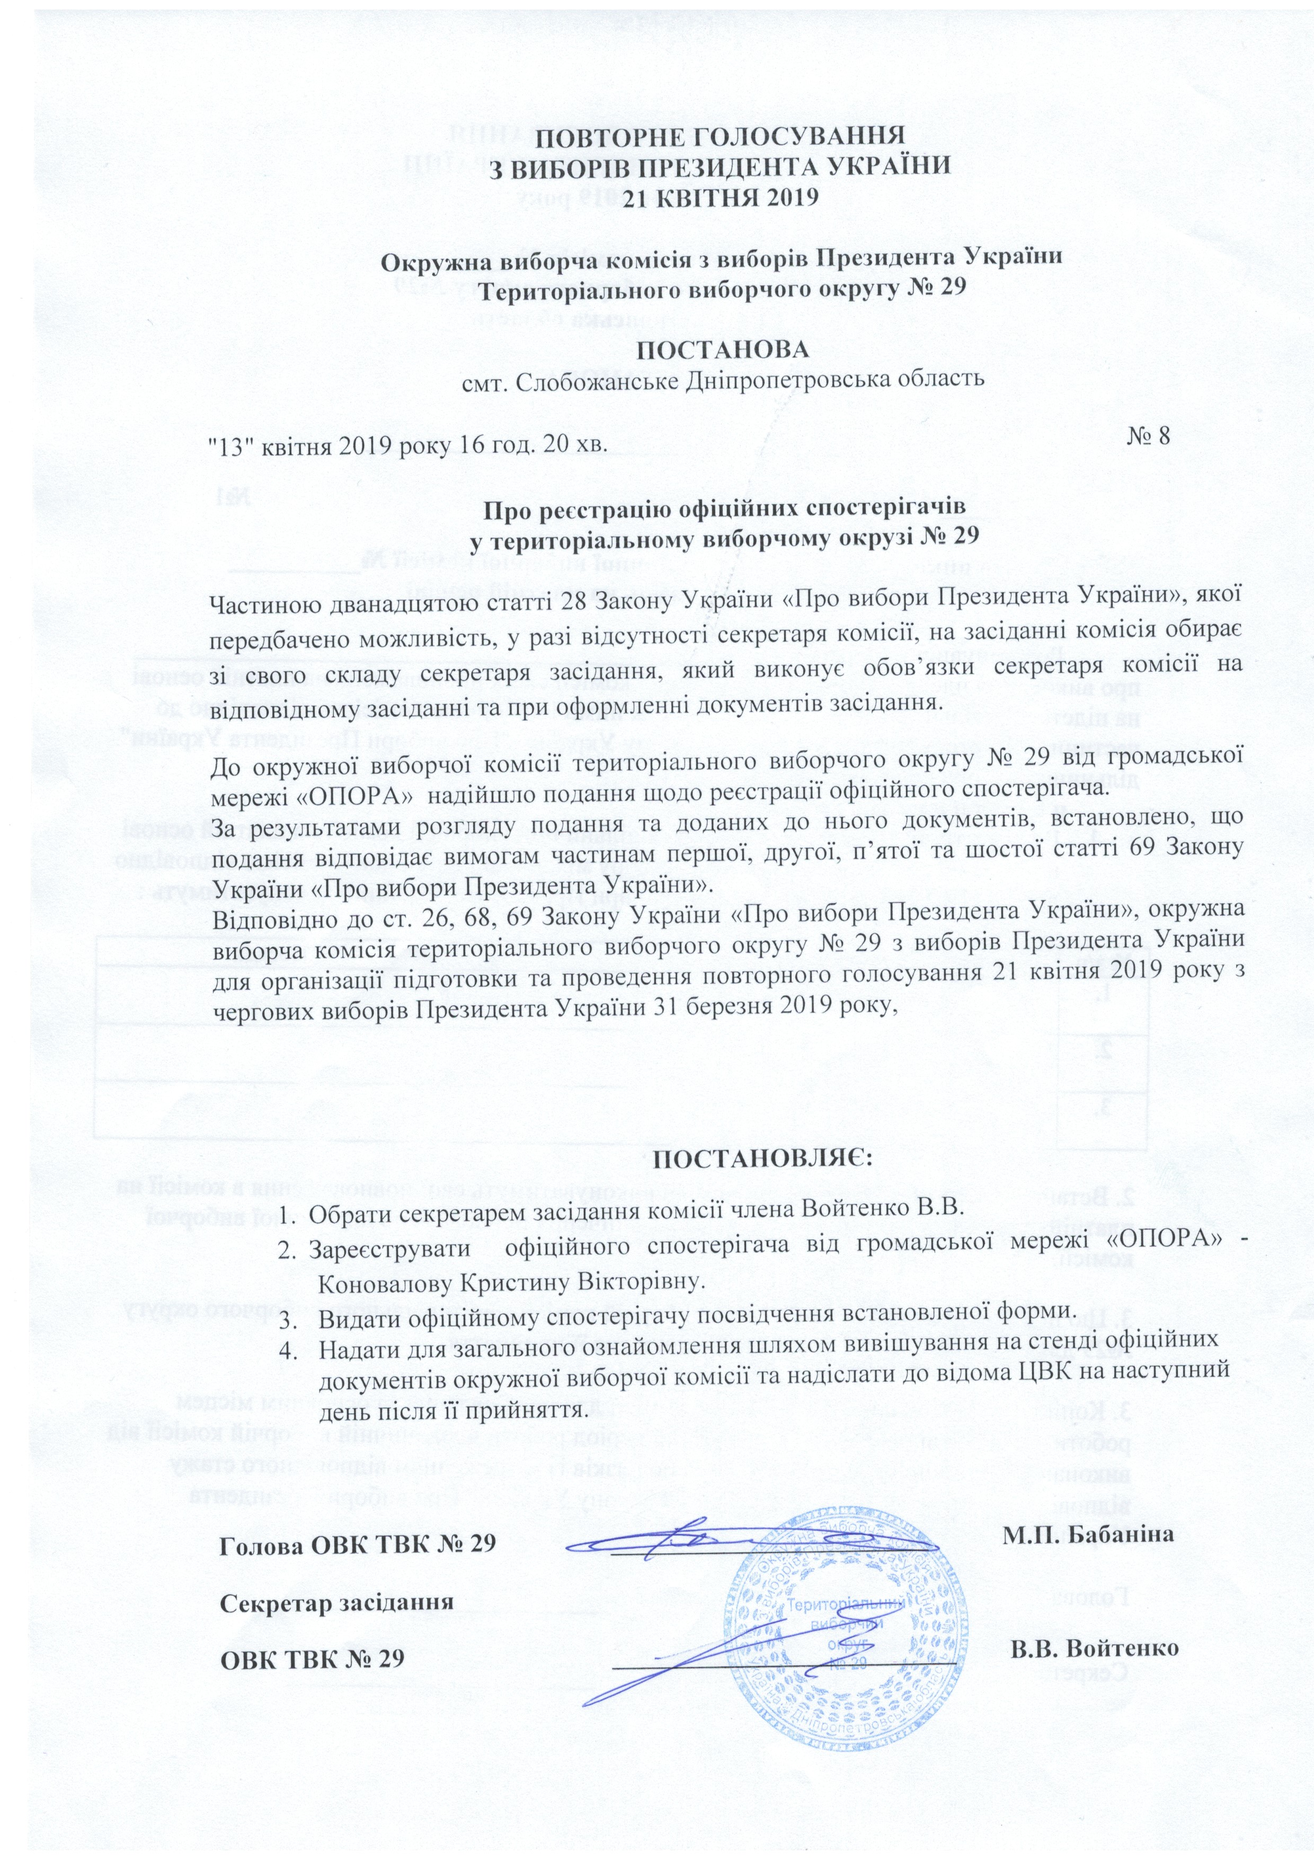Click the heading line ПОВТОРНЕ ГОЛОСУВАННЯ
pyautogui.click(x=723, y=135)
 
